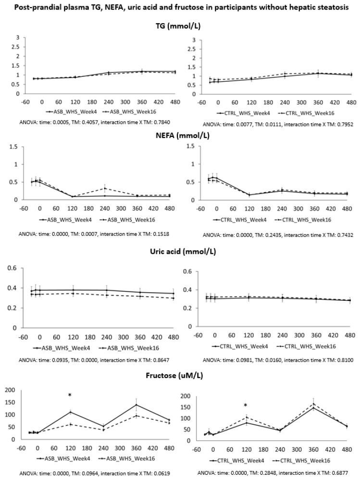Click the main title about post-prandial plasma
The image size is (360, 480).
click(x=180, y=8)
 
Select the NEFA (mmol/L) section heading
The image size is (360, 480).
click(x=180, y=135)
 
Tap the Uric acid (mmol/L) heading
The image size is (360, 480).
click(x=180, y=252)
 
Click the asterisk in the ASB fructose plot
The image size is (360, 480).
click(x=70, y=395)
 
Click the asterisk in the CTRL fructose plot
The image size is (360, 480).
click(x=246, y=406)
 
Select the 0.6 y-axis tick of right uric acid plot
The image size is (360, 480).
click(x=188, y=272)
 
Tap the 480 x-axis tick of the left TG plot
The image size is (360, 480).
click(x=173, y=102)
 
